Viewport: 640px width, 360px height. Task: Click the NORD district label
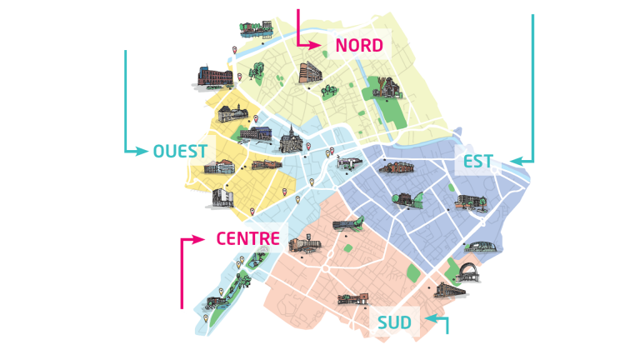359,45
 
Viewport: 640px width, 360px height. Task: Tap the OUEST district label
180,151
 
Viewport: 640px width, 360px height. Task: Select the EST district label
478,161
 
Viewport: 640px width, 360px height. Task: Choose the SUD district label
394,322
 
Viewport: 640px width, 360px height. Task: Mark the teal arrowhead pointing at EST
513,161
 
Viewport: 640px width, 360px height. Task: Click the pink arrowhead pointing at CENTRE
200,239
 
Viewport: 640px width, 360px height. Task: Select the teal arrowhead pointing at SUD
427,318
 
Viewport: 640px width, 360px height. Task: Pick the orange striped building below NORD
309,72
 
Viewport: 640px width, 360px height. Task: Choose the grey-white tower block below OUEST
222,197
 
